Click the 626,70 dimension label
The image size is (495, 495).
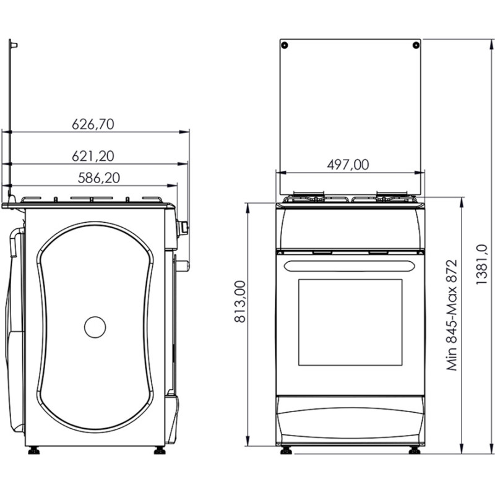[93, 124]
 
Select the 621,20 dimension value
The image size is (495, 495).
[93, 156]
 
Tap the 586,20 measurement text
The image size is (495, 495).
[99, 178]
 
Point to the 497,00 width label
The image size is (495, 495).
[348, 165]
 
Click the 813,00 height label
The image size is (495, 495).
[240, 301]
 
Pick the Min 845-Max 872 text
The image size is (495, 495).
[452, 315]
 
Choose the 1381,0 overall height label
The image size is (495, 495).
[482, 265]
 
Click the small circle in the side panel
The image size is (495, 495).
[95, 327]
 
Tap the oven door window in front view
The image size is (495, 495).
[350, 322]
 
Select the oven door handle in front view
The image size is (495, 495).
[349, 266]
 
